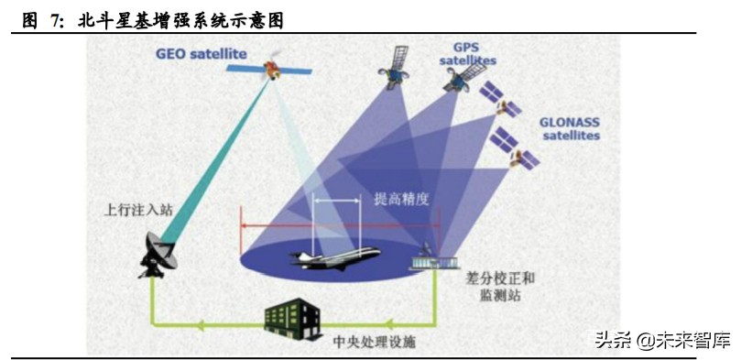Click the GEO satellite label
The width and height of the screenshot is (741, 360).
201,54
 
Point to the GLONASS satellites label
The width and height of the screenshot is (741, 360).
570,127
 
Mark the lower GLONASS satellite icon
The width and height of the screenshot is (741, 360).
516,150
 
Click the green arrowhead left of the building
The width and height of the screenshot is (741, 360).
201,323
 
